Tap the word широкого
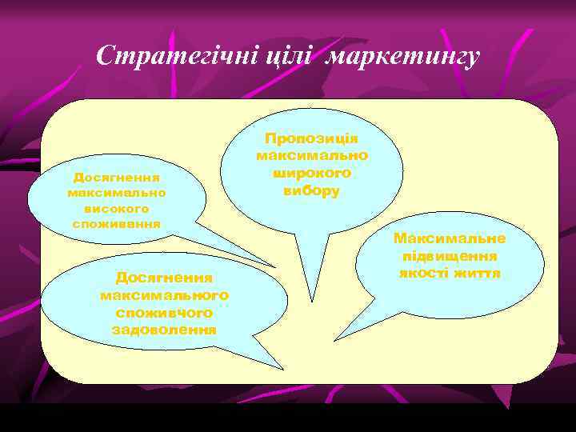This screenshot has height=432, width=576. click(311, 173)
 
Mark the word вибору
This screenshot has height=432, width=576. click(311, 190)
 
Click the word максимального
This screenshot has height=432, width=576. click(164, 295)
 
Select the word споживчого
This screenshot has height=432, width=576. click(164, 313)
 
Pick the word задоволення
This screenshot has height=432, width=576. click(164, 330)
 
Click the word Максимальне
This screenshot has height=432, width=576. click(450, 238)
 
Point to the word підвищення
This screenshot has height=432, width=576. click(450, 256)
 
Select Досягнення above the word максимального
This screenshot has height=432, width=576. click(164, 278)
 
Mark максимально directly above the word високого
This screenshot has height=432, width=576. click(117, 193)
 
